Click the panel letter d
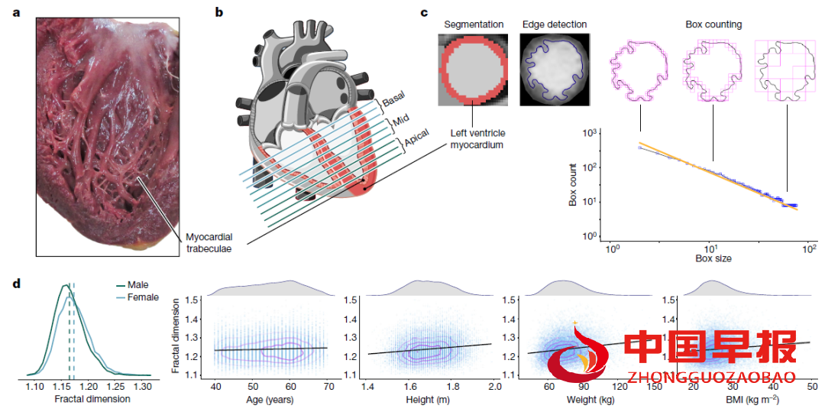pos(17,284)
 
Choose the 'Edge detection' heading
pos(555,24)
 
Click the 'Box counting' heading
pos(713,24)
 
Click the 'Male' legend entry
pos(139,285)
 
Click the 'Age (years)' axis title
pos(271,398)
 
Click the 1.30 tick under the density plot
pos(144,388)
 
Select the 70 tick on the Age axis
pos(328,388)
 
